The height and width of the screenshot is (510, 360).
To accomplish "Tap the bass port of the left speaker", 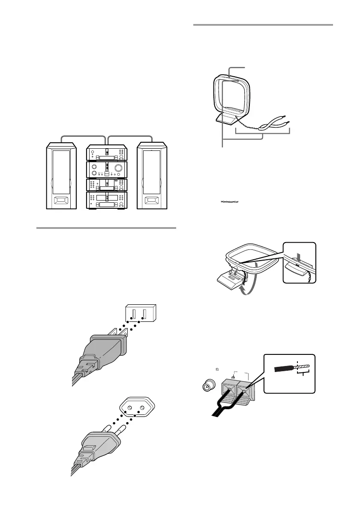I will pos(62,200).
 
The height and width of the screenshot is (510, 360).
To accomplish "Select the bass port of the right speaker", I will pos(153,200).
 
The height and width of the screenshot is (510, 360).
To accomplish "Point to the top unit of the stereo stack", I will pos(107,153).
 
